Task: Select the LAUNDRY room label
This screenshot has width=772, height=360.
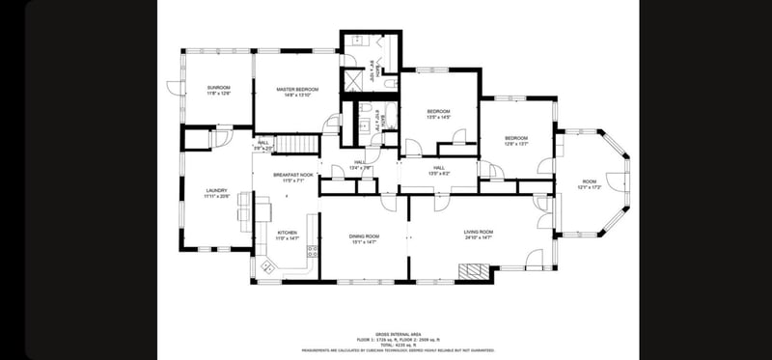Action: tap(216, 193)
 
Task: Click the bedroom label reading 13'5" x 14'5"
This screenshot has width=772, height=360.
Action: tap(439, 114)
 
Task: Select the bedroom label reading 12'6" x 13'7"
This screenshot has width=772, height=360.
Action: tap(516, 140)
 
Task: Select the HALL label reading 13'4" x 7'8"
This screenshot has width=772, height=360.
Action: tap(359, 164)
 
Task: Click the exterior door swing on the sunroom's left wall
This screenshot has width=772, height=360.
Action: tap(173, 87)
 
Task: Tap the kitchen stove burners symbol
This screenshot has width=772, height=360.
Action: tap(312, 252)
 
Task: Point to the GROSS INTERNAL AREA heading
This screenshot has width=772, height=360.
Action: tap(398, 332)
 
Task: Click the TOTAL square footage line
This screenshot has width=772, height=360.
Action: tap(398, 344)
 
